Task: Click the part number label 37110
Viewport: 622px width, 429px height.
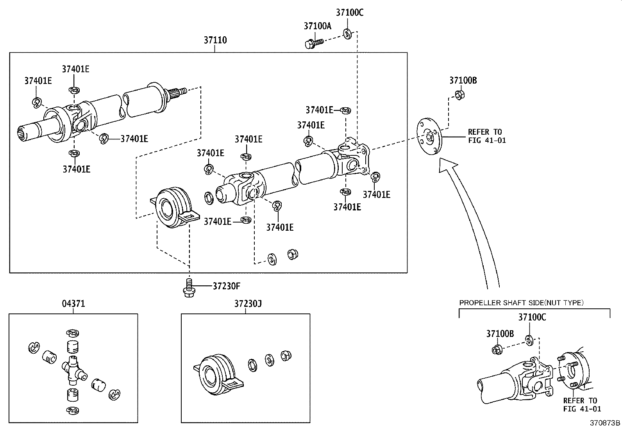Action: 215,40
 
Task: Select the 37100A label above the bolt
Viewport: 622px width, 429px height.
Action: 317,26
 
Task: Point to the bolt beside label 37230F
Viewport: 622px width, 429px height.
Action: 188,287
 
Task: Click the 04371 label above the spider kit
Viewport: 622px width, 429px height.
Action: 73,304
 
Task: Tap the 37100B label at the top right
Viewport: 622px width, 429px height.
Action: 463,80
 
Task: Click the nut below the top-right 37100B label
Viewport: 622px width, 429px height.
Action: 459,94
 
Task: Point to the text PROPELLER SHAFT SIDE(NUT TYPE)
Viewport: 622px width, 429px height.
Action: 521,303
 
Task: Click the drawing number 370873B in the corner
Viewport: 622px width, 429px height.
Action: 605,423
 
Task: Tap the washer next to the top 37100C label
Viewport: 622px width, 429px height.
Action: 347,34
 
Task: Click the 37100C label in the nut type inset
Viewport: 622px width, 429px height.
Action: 532,317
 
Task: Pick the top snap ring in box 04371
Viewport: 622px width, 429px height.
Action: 73,333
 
